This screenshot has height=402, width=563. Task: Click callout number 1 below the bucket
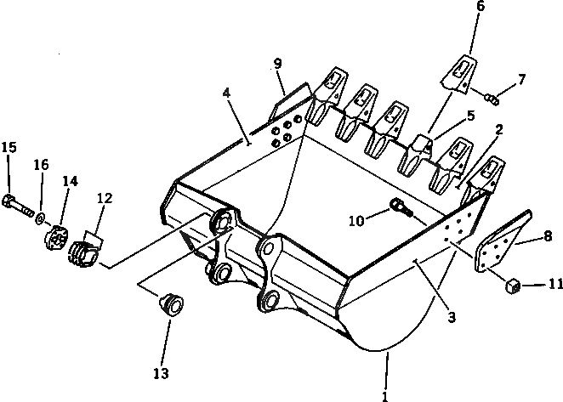[x=385, y=394]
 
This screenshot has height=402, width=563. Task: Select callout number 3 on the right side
[x=452, y=318]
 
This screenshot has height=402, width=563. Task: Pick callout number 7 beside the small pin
[x=521, y=80]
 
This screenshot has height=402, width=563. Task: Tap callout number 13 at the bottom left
[x=161, y=373]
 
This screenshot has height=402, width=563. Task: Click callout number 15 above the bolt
[x=9, y=148]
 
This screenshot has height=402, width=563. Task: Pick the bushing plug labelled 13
[x=173, y=304]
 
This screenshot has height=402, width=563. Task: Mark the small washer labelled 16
[x=40, y=220]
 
